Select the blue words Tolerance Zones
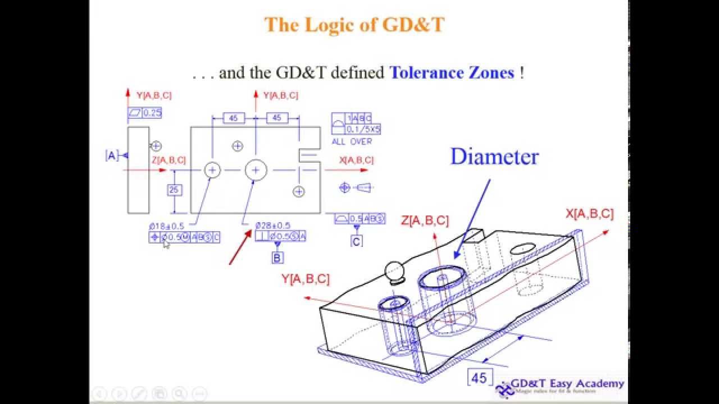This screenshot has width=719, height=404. (x=452, y=72)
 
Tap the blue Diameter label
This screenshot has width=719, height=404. (x=494, y=157)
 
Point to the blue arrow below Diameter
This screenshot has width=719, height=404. (x=472, y=219)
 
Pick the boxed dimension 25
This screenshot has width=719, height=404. (x=174, y=190)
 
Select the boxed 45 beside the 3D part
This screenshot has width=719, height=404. (x=479, y=378)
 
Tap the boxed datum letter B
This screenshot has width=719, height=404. (x=277, y=258)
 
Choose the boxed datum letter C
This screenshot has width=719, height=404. (x=357, y=241)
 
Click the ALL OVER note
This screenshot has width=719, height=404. (x=352, y=141)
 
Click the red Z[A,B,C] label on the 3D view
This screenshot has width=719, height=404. (x=425, y=221)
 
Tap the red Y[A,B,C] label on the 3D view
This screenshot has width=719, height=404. (x=306, y=279)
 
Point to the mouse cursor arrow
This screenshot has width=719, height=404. (x=166, y=243)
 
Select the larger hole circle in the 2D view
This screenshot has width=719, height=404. (x=256, y=169)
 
